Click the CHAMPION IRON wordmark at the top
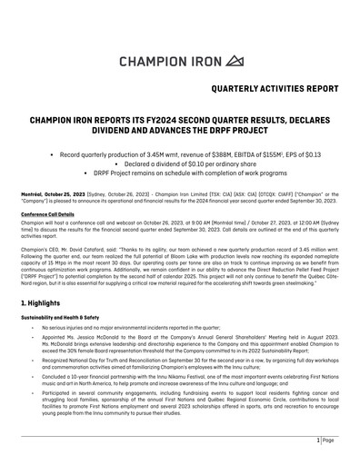[168, 61]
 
